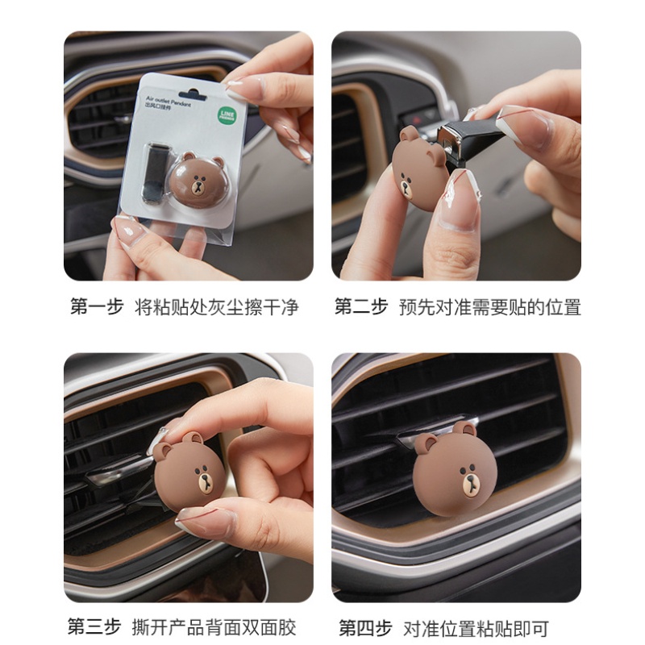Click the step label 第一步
click(x=97, y=307)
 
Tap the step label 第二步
click(x=361, y=307)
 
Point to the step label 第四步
click(x=364, y=626)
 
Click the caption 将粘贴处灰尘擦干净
click(x=216, y=307)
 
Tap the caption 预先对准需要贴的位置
click(x=489, y=307)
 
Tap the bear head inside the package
click(x=198, y=179)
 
